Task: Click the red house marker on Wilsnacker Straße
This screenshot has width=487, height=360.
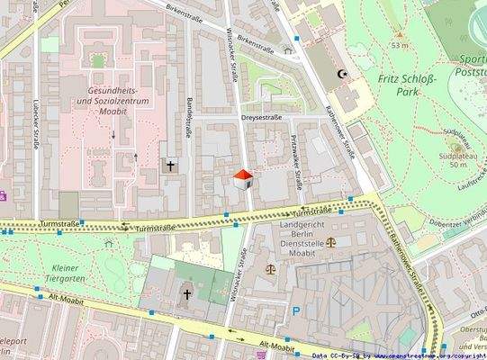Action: click(242, 178)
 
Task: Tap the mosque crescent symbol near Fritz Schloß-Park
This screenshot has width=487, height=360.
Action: click(341, 75)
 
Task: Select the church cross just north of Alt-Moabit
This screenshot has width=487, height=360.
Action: click(187, 293)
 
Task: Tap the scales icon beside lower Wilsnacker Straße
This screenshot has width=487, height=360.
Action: click(268, 267)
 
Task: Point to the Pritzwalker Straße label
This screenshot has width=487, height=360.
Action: click(296, 162)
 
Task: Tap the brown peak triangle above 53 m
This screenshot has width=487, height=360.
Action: click(398, 33)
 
